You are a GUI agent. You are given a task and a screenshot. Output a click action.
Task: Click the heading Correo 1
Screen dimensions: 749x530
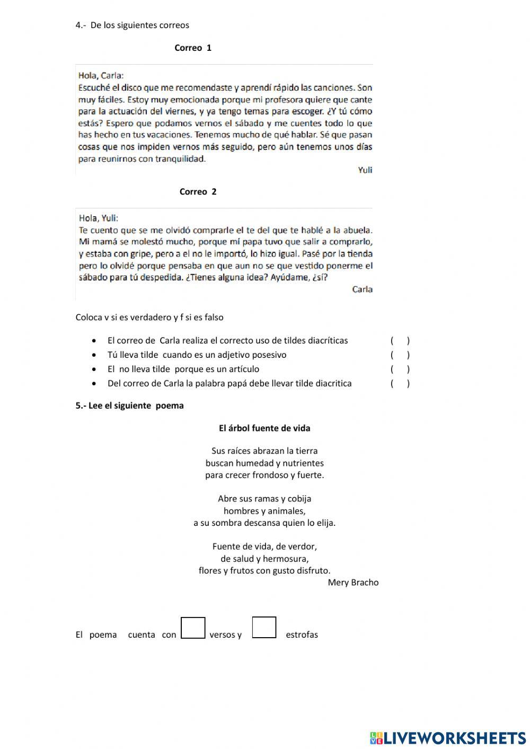193,48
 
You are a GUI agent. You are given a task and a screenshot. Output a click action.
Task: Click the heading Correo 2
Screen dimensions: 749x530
198,192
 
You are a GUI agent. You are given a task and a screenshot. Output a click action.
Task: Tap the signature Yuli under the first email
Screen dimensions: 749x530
365,170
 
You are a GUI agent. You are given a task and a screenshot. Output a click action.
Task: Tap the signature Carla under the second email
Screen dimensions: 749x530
363,289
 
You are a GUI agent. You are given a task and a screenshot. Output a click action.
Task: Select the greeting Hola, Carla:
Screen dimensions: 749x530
101,75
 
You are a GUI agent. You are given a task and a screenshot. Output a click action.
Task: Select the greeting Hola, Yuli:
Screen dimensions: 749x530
99,218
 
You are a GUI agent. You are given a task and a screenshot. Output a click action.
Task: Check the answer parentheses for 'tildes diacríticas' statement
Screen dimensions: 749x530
400,341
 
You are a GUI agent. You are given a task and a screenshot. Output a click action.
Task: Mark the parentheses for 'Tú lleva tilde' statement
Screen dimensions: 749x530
400,355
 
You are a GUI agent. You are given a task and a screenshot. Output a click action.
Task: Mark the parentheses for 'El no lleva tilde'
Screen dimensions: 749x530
400,369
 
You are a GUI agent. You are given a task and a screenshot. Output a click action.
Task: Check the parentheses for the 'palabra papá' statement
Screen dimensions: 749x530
400,384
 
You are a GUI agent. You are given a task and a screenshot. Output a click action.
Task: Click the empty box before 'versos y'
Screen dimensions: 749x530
193,628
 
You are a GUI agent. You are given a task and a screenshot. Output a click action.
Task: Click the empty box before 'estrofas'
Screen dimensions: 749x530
264,628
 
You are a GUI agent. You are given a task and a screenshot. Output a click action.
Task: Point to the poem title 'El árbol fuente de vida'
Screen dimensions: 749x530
264,428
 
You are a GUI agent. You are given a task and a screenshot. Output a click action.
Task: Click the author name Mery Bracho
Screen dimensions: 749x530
353,583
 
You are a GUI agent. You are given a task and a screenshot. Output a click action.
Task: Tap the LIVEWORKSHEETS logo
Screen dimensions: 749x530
447,737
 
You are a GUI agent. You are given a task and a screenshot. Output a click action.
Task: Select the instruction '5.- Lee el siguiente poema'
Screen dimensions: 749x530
130,406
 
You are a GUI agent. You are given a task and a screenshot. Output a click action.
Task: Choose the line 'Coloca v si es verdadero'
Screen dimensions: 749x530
149,318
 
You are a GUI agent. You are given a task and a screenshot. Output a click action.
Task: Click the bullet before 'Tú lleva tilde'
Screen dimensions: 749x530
94,355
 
